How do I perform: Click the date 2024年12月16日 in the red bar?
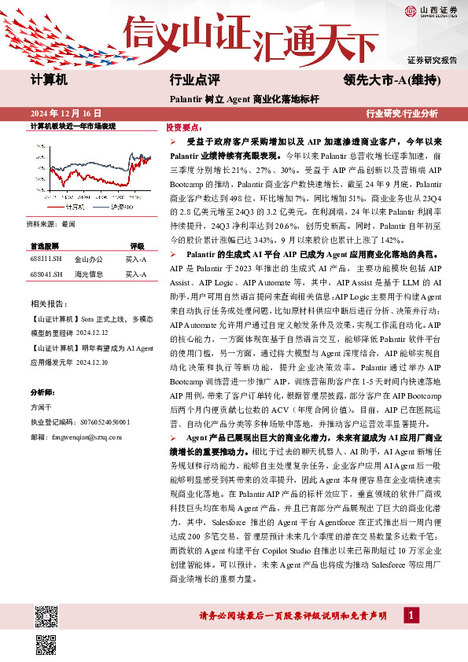65,113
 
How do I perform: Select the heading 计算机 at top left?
49,79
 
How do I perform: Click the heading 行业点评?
193,79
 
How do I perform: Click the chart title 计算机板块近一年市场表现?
72,126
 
